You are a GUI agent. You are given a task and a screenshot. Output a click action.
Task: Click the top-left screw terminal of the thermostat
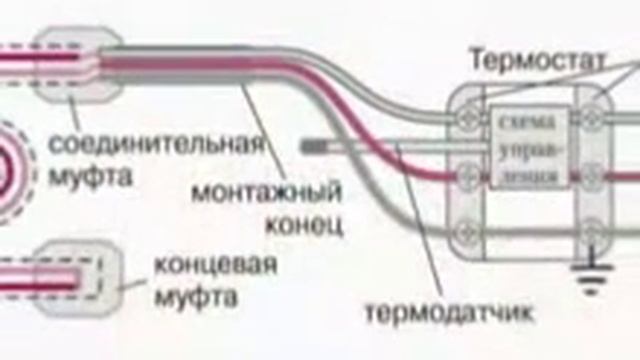tap(466, 118)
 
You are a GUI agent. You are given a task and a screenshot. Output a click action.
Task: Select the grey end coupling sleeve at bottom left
tap(95, 273)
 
